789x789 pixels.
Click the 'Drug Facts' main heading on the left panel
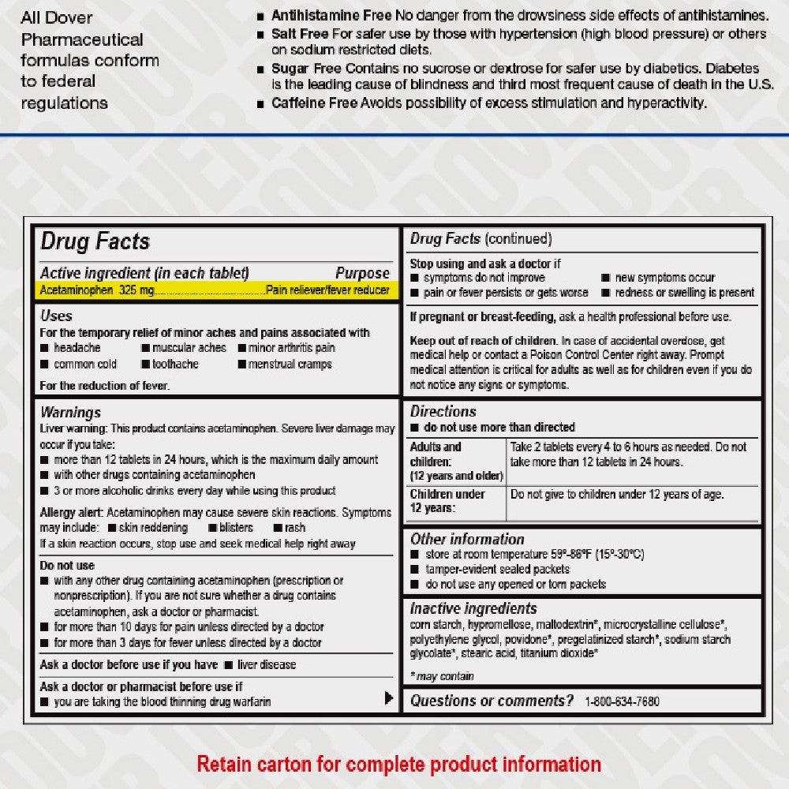[95, 241]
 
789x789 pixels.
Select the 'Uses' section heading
[56, 316]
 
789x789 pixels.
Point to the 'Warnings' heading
[70, 412]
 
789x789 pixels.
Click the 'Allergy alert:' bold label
[72, 512]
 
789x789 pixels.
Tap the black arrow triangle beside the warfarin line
[388, 697]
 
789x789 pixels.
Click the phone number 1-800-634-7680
[622, 701]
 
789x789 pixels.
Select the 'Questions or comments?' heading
[492, 701]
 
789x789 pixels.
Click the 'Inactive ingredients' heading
[473, 608]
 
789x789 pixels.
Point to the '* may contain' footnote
[442, 675]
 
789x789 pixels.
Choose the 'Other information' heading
[467, 539]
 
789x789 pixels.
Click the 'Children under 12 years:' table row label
[447, 501]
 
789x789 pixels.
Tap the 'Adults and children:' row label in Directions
[436, 454]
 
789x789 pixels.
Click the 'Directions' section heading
[443, 411]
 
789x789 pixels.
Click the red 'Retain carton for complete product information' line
[398, 764]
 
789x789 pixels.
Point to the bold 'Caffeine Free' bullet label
[310, 103]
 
